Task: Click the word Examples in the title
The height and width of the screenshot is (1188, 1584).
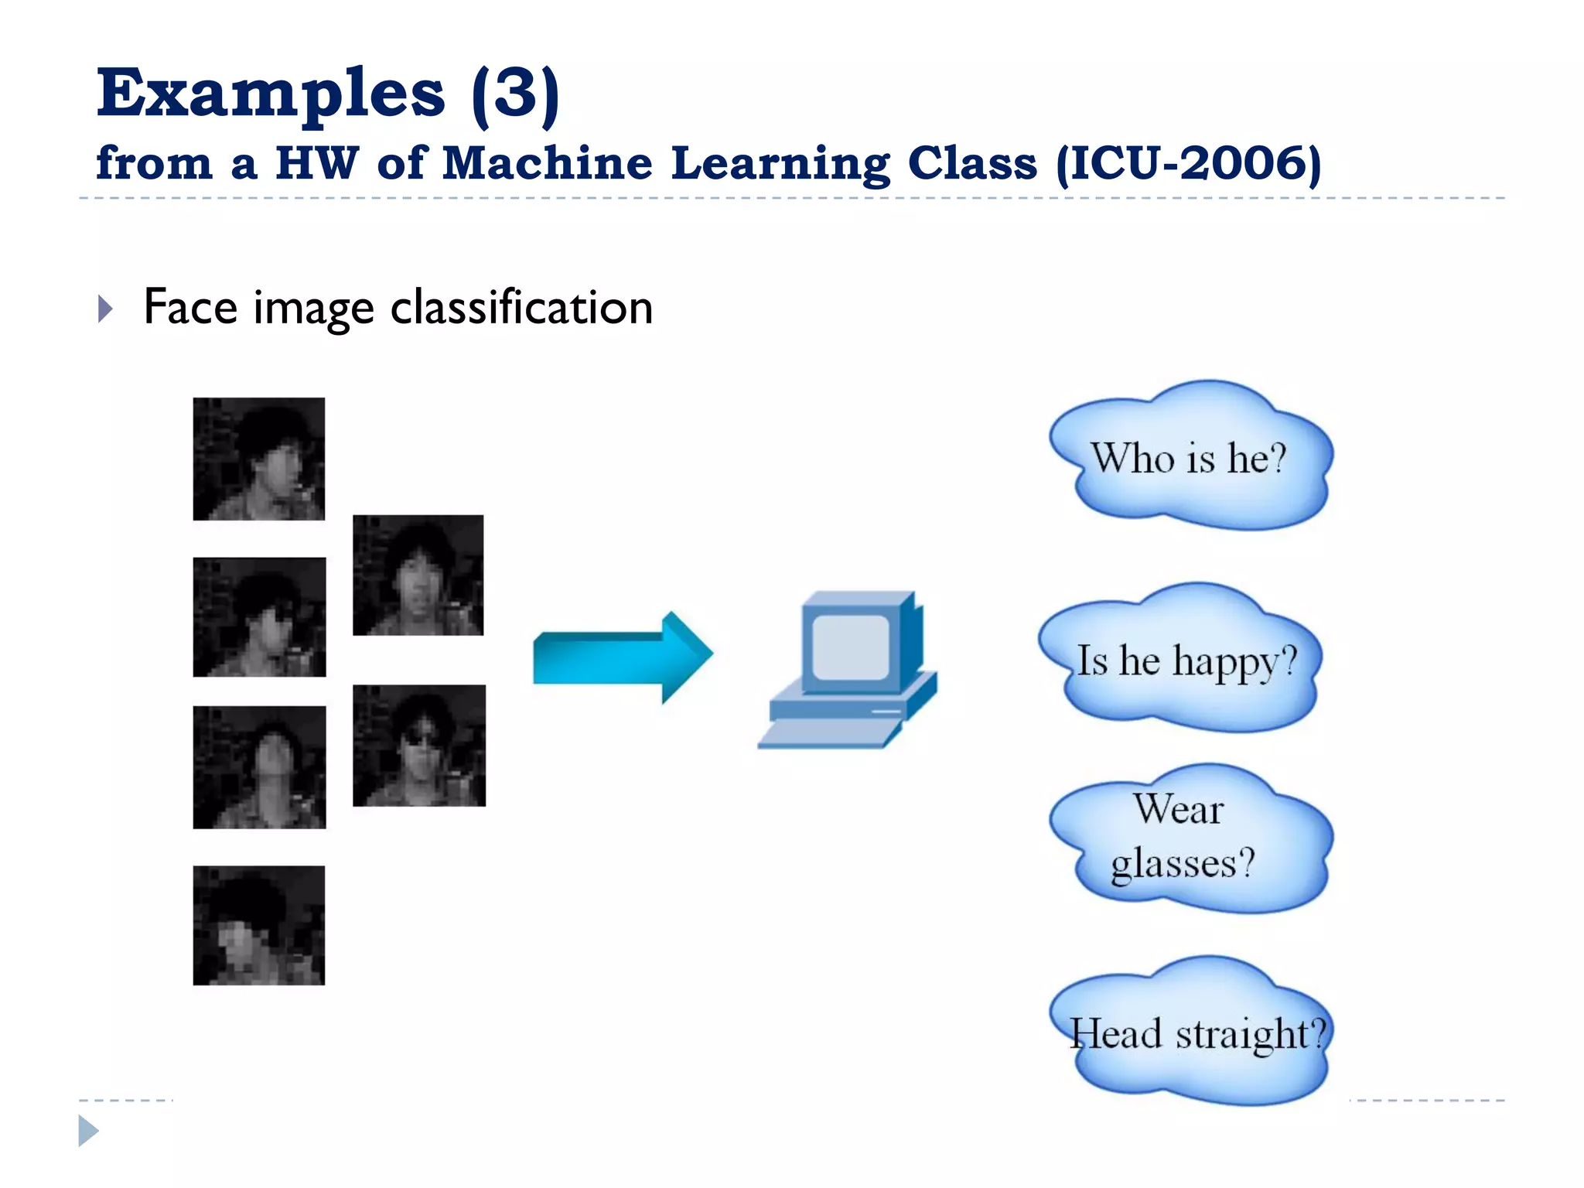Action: coord(270,94)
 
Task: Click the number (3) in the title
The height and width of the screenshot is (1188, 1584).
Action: coord(515,94)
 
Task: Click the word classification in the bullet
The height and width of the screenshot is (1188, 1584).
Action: coord(521,308)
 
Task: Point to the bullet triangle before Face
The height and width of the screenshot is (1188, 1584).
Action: coord(106,309)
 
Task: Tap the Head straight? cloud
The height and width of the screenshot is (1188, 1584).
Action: coord(1195,1033)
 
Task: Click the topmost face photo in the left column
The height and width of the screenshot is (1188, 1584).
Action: coord(259,459)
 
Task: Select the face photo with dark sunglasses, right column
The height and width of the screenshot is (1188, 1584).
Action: coord(419,746)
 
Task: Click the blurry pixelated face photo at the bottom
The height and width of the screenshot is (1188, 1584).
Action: coord(259,925)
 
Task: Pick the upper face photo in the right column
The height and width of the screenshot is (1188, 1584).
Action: coord(418,575)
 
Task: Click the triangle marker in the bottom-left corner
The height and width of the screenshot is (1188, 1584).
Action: coord(88,1131)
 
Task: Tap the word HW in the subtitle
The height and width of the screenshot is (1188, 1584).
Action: coord(316,164)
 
